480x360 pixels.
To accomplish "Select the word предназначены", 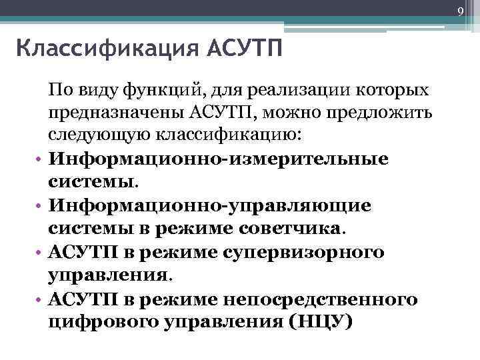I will [x=117, y=113].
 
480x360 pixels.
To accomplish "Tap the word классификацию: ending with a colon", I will [x=228, y=135].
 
